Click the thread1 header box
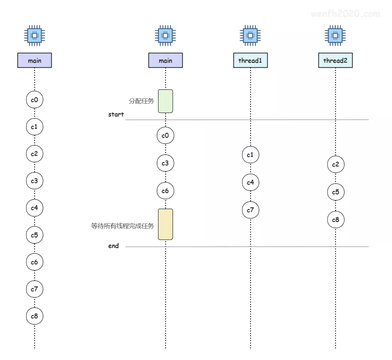coord(250,60)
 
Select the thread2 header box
coord(335,60)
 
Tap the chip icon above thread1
coord(250,35)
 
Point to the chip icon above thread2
coord(335,35)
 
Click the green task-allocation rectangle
coord(165,101)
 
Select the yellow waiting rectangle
coord(165,224)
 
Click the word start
coord(116,114)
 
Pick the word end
coord(113,246)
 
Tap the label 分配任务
coord(141,101)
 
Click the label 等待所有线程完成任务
coord(122,226)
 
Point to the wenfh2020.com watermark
coord(345,14)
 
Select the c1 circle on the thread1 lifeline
coord(250,155)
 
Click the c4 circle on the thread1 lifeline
coord(250,183)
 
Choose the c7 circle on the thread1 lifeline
coord(250,210)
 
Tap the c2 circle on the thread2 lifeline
coord(336,165)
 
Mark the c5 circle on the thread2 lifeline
coord(336,192)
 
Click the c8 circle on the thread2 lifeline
coord(336,220)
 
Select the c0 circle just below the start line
coord(165,136)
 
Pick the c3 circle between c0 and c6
coord(165,163)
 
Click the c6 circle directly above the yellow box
coord(165,191)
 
